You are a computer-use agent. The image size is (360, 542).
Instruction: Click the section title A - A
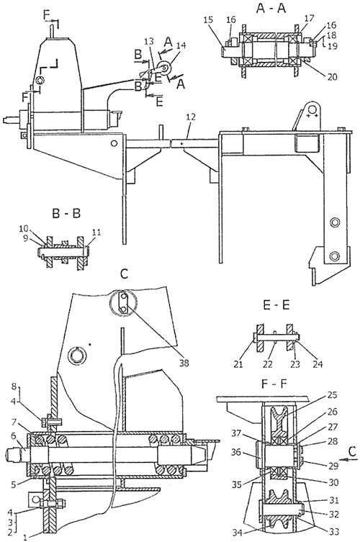click(x=271, y=9)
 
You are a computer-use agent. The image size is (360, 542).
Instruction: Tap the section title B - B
click(x=66, y=213)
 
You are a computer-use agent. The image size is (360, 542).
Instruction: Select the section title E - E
click(x=276, y=305)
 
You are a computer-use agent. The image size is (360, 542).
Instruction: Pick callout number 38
click(x=184, y=363)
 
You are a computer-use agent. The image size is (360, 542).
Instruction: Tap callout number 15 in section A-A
click(x=208, y=19)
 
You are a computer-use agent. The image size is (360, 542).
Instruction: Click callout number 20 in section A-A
click(x=332, y=77)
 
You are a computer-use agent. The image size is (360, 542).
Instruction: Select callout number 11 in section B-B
click(x=96, y=232)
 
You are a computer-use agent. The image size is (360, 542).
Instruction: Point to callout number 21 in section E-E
click(x=238, y=363)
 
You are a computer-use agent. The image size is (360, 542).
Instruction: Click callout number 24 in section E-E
click(x=317, y=363)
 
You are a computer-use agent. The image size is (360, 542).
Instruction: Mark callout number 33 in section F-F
click(x=333, y=532)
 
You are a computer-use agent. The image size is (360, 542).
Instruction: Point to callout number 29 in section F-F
click(x=333, y=466)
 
